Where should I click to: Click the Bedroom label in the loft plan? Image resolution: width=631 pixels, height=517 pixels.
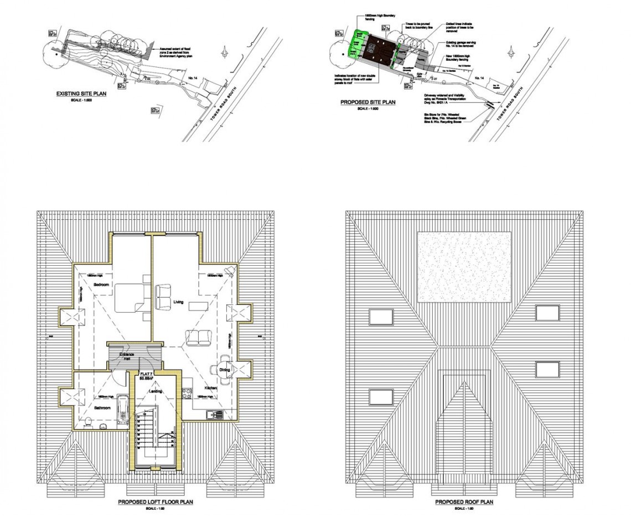pyautogui.click(x=101, y=285)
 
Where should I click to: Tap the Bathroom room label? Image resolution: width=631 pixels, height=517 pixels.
pyautogui.click(x=101, y=408)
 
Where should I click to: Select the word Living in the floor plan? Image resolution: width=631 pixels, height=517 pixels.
pyautogui.click(x=178, y=302)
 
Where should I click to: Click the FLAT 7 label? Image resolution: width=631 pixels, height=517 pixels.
pyautogui.click(x=146, y=374)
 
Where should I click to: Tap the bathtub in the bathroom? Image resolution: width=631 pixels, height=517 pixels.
pyautogui.click(x=123, y=410)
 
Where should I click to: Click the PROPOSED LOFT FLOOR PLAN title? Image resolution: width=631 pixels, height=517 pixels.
pyautogui.click(x=155, y=502)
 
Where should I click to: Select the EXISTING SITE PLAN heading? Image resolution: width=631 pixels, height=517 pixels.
pyautogui.click(x=81, y=94)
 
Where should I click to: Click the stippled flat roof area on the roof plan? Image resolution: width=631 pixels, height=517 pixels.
pyautogui.click(x=463, y=267)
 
